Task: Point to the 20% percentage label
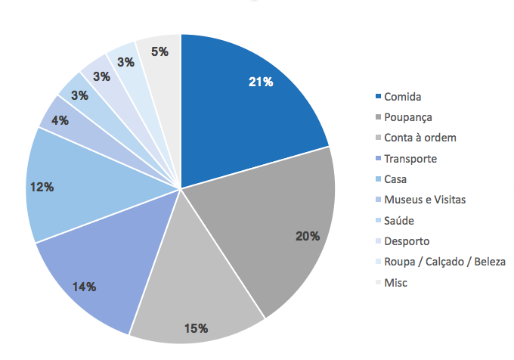click(x=308, y=236)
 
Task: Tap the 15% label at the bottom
click(x=196, y=327)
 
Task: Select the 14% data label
click(x=84, y=286)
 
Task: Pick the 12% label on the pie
click(x=42, y=186)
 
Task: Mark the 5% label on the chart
click(x=159, y=52)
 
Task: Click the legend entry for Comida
click(x=402, y=97)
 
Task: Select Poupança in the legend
click(x=407, y=117)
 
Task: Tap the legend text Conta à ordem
click(x=420, y=138)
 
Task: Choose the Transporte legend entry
click(x=410, y=159)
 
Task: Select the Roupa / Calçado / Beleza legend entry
click(x=444, y=262)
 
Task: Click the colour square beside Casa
click(x=378, y=180)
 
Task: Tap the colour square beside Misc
click(x=378, y=283)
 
